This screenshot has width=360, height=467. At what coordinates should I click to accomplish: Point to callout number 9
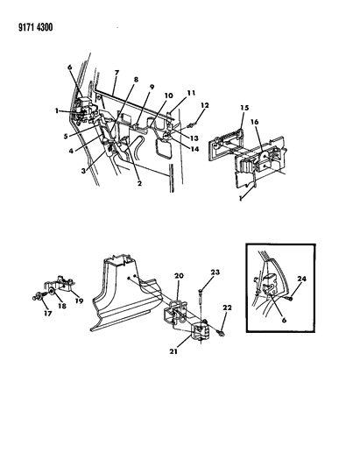(x=152, y=88)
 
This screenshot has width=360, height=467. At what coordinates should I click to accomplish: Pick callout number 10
(x=168, y=95)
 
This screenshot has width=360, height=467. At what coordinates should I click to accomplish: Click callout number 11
(x=190, y=93)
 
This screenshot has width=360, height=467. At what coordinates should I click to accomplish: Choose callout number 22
(x=229, y=308)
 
